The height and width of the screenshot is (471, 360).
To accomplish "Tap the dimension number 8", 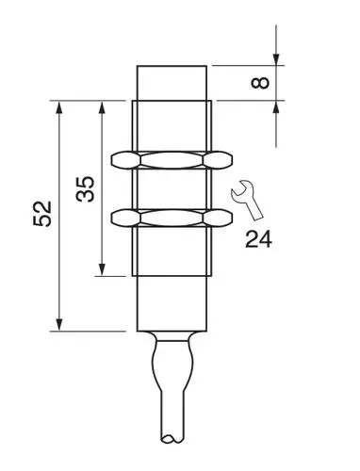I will pyautogui.click(x=263, y=82).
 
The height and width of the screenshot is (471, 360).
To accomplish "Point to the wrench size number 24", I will pyautogui.click(x=258, y=237).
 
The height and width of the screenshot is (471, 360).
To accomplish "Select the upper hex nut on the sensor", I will pyautogui.click(x=171, y=158).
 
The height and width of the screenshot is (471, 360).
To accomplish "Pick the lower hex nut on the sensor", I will pyautogui.click(x=171, y=218).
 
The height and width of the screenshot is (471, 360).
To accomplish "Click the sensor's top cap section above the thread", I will pyautogui.click(x=172, y=79).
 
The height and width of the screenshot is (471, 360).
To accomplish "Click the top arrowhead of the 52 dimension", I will pyautogui.click(x=60, y=105).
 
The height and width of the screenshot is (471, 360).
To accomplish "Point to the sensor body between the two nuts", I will pyautogui.click(x=171, y=188).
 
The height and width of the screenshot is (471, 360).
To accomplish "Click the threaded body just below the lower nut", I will pyautogui.click(x=171, y=250).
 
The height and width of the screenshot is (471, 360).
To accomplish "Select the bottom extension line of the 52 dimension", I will pyautogui.click(x=90, y=332).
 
